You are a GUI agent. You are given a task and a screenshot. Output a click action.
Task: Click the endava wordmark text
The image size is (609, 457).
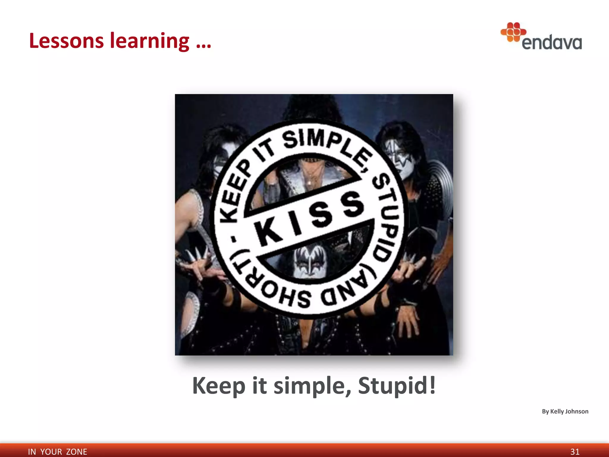click(x=552, y=43)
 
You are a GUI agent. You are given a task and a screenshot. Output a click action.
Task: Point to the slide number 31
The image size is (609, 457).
click(x=575, y=452)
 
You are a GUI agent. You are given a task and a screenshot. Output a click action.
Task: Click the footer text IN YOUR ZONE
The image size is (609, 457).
click(x=57, y=452)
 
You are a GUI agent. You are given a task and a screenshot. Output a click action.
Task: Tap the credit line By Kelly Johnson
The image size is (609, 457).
click(x=565, y=411)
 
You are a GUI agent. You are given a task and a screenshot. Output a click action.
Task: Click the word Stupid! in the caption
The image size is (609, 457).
click(x=397, y=385)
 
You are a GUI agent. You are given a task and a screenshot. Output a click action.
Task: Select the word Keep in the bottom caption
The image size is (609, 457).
click(x=219, y=385)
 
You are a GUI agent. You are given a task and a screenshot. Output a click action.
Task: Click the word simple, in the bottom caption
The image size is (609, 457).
click(x=312, y=386)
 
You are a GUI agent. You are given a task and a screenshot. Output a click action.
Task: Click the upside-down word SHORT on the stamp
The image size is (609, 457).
click(x=268, y=286)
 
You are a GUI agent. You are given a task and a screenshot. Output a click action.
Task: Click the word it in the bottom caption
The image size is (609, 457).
click(x=259, y=385)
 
